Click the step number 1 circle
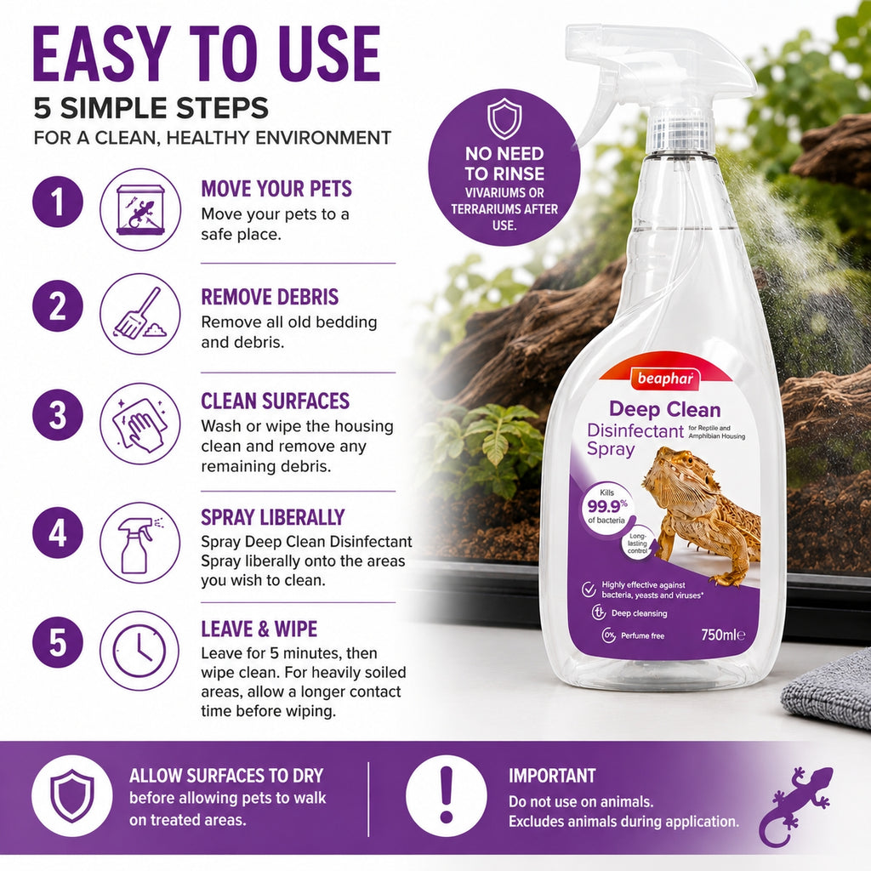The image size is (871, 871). tap(58, 202)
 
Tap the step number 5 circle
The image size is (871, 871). tap(58, 643)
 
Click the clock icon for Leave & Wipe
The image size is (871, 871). tap(139, 651)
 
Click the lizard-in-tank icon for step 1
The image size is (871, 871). tap(140, 209)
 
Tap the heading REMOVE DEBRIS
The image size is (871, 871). tap(270, 297)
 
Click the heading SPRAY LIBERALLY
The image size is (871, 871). tap(273, 517)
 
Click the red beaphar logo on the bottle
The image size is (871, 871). tap(665, 379)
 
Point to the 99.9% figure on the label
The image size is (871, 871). tap(607, 505)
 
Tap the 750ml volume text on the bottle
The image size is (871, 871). tap(723, 635)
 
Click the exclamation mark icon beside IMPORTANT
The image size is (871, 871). tap(447, 795)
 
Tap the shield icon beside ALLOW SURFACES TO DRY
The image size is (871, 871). tap(72, 795)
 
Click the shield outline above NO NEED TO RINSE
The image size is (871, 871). tap(504, 118)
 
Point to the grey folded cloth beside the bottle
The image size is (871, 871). tap(828, 690)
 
